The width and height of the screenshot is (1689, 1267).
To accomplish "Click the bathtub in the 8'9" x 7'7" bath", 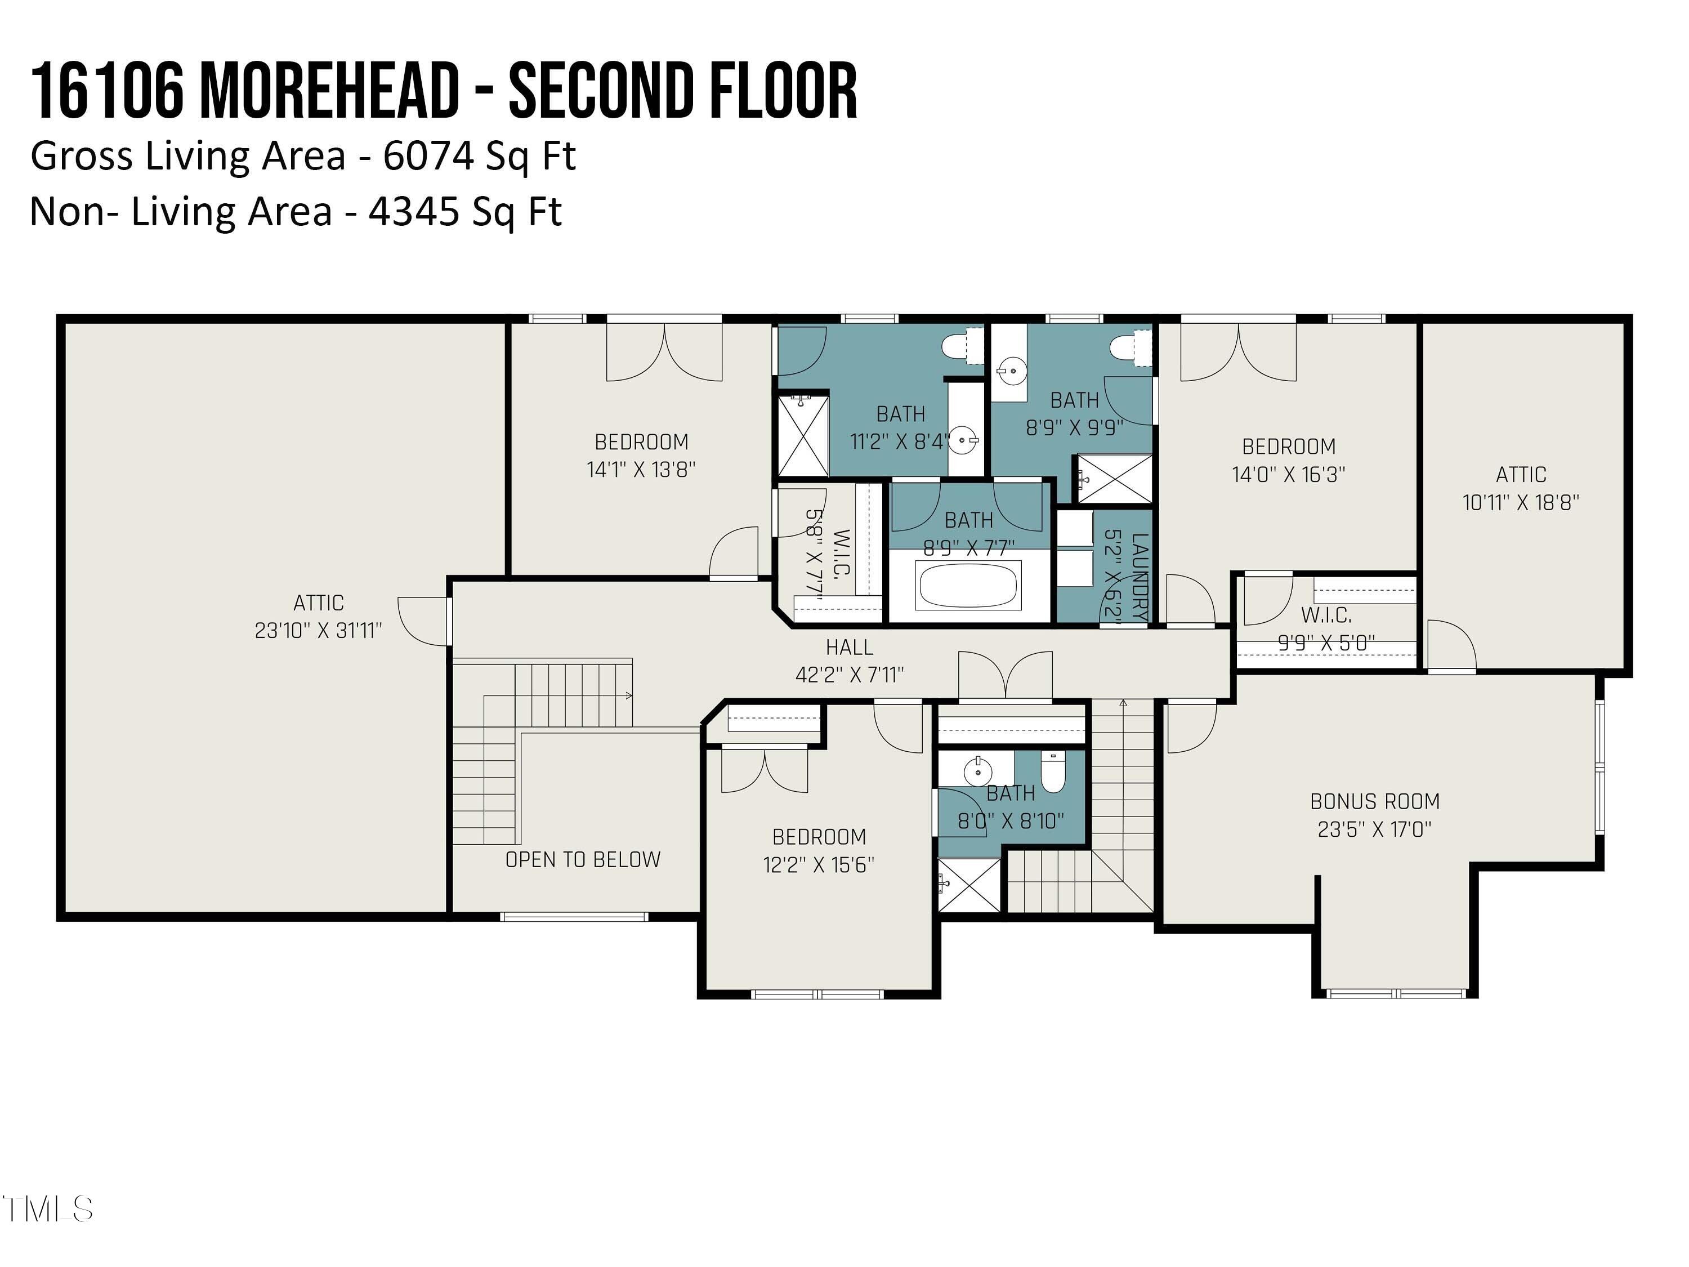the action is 968,586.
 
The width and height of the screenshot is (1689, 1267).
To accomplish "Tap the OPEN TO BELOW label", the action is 583,860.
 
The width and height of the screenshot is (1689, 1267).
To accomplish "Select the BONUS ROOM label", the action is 1374,801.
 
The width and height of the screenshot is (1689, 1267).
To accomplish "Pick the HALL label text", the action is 849,648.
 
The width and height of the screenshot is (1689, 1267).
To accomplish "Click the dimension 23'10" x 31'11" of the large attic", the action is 319,631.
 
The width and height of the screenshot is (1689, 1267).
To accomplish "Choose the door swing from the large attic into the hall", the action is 423,622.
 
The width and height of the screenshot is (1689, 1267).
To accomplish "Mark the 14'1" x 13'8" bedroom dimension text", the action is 641,470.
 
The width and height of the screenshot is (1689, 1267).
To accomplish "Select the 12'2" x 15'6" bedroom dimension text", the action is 819,864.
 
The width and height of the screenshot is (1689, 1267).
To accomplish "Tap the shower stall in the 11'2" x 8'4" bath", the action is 802,435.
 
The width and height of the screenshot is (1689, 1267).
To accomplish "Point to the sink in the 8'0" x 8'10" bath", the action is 978,772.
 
